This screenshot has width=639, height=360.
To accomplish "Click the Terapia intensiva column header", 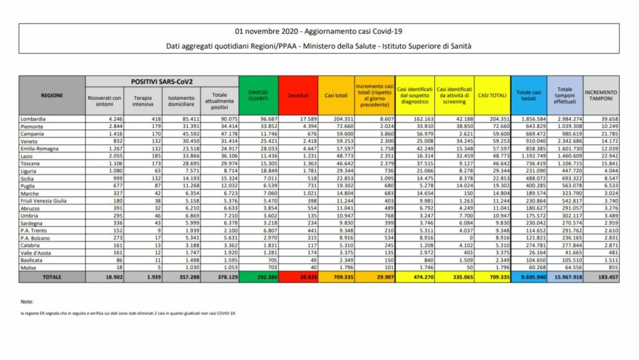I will coord(142,101).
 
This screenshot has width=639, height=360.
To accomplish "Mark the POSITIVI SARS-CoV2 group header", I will coord(162,82).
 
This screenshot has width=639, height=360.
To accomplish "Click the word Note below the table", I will coord(26,302).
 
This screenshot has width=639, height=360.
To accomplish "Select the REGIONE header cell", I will coord(52,95).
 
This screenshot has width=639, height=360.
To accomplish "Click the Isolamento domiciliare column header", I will coord(180,101).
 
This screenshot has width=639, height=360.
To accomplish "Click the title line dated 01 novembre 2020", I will coord(319,31).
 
